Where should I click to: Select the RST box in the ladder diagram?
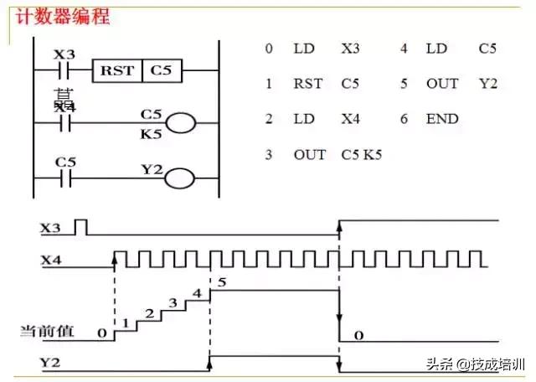click(117, 70)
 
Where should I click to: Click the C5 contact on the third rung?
click(64, 178)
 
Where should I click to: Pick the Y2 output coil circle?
click(180, 178)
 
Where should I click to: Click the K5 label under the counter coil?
click(151, 132)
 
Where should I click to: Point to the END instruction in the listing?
click(441, 119)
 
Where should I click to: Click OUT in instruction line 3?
click(310, 155)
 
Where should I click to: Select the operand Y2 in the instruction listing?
click(488, 84)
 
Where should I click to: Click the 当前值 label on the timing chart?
click(47, 332)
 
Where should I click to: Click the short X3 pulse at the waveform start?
click(81, 226)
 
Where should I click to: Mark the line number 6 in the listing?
click(404, 119)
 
